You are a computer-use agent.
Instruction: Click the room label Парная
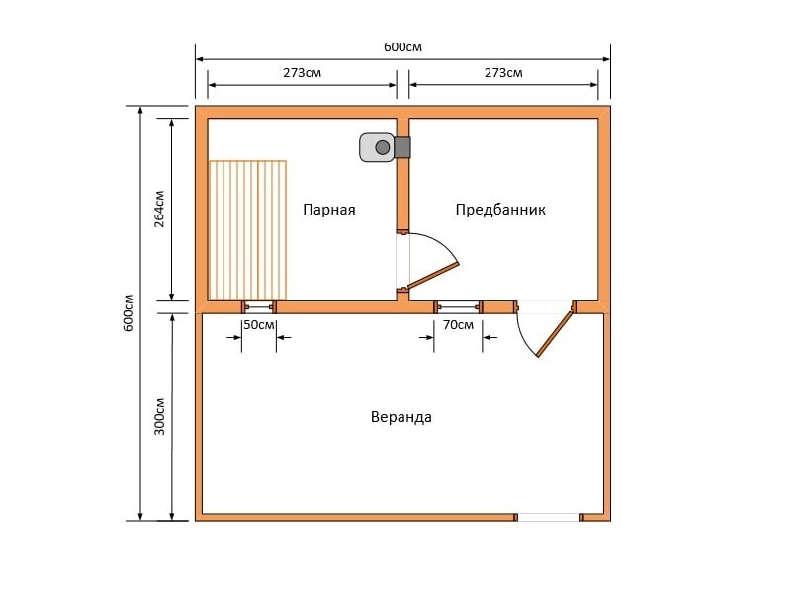(329, 210)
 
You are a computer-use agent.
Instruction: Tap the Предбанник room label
(500, 210)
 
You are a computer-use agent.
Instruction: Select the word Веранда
(401, 417)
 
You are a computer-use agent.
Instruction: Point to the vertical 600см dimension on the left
(128, 312)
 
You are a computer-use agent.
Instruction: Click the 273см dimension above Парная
(302, 73)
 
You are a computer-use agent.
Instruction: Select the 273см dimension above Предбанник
(503, 73)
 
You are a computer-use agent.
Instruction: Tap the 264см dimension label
(159, 209)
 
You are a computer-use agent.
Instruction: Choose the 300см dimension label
(159, 416)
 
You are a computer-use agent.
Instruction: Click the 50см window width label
(259, 324)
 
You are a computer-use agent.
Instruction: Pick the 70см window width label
(458, 324)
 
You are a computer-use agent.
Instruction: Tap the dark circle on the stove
(382, 147)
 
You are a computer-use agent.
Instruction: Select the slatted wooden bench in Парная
(247, 230)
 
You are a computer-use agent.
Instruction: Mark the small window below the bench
(259, 306)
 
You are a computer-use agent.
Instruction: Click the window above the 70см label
(458, 306)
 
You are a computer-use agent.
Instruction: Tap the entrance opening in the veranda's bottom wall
(549, 517)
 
